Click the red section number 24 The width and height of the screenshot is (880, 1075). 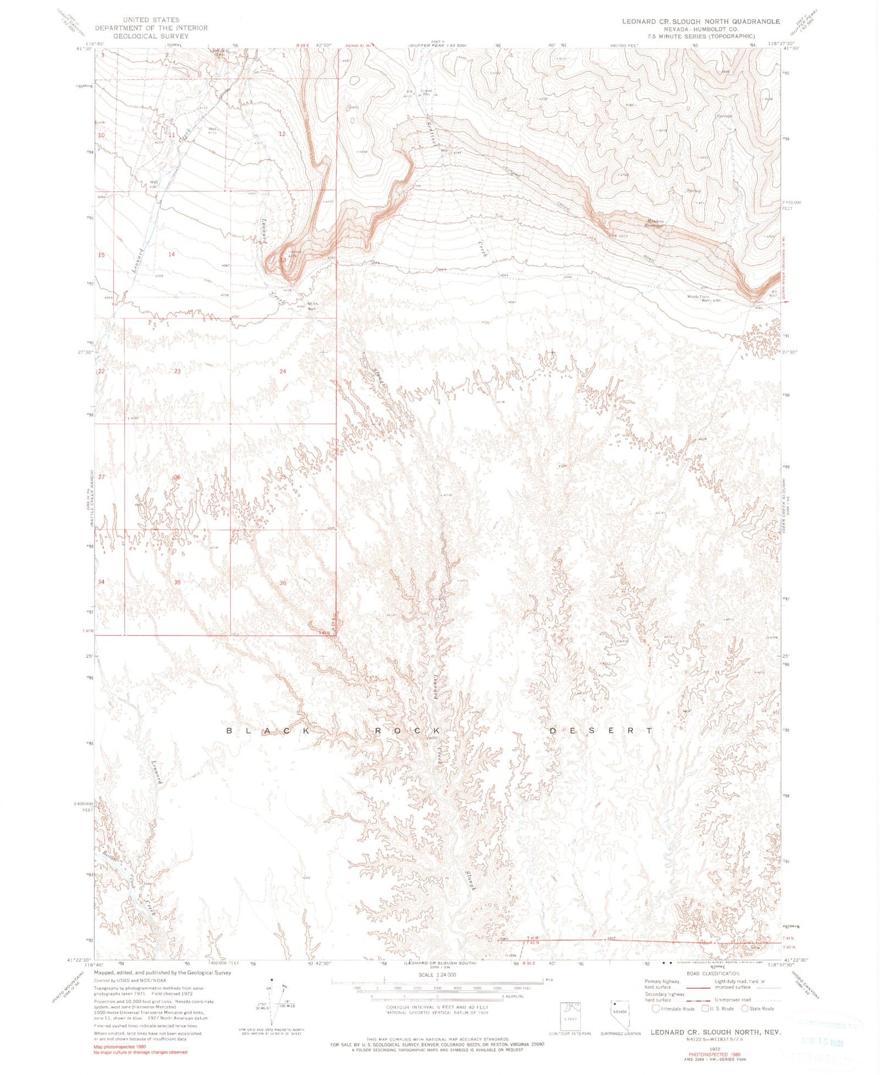[x=283, y=371]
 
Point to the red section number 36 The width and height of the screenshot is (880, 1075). [x=283, y=582]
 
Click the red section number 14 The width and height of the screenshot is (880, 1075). [x=171, y=254]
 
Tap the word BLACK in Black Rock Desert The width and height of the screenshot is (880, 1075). [x=273, y=731]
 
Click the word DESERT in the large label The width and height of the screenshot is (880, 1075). [x=601, y=731]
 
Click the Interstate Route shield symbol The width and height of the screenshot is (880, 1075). [x=655, y=1008]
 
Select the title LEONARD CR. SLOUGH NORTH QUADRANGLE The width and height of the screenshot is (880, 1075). [x=701, y=21]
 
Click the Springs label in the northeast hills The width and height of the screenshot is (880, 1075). [x=725, y=116]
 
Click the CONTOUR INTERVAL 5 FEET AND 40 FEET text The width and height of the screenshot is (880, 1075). [x=437, y=1007]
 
